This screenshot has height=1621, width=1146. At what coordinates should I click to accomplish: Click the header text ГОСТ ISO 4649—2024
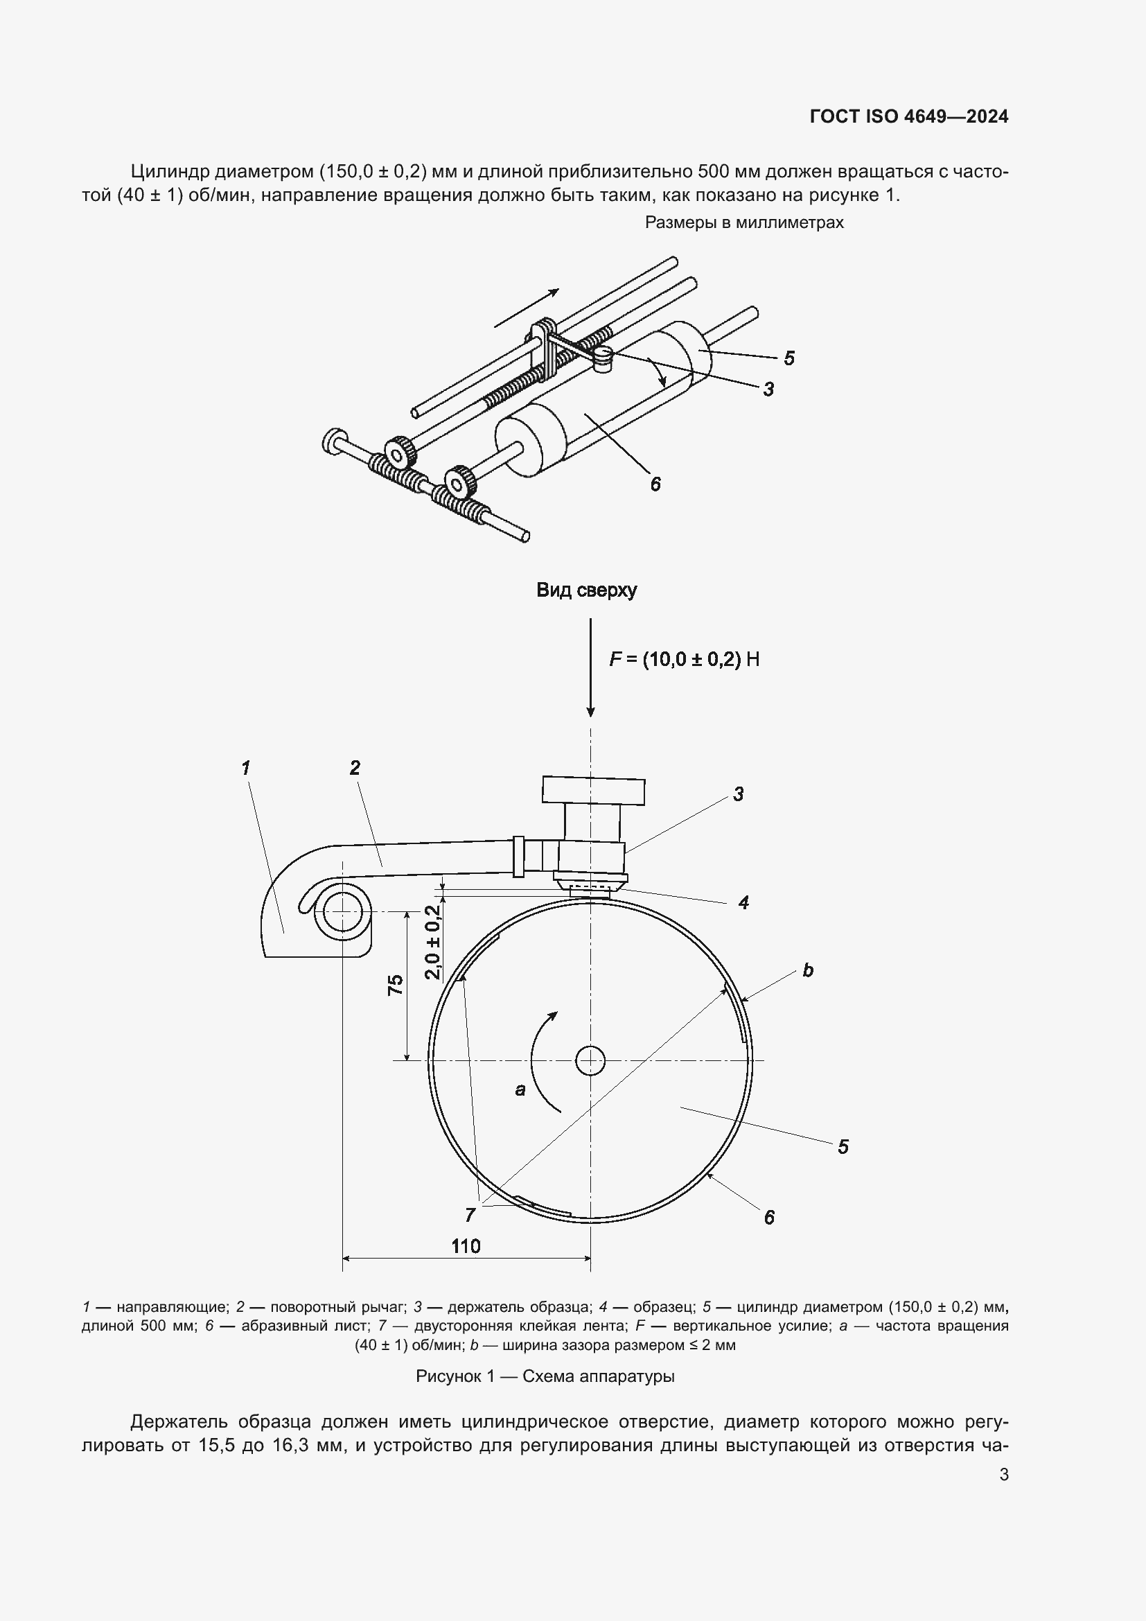909,117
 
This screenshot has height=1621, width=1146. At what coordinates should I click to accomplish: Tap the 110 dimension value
466,1246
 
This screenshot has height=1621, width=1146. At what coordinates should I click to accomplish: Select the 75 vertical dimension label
396,984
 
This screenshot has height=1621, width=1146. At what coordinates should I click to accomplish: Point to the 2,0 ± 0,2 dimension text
433,942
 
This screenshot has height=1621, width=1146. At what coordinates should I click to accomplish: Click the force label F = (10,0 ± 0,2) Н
685,659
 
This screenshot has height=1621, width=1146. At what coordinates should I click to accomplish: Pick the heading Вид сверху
586,590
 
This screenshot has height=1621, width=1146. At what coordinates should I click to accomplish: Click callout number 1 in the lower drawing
245,767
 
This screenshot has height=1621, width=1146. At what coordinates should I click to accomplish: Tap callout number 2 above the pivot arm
354,767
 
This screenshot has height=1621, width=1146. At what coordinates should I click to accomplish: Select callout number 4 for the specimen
743,902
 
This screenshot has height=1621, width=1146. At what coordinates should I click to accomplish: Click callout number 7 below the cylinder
470,1214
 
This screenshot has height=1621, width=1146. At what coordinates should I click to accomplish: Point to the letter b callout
808,970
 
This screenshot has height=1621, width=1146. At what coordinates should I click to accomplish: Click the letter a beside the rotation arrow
520,1089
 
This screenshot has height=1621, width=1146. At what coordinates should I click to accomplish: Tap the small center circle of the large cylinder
590,1060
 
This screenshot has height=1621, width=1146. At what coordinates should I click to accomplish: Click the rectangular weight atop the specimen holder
594,791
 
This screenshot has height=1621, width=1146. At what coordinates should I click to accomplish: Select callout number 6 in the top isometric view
655,484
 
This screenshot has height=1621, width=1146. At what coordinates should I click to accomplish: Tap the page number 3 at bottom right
1003,1474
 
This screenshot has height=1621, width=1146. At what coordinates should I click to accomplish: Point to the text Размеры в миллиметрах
744,222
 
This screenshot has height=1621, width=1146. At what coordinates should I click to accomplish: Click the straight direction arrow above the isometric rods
527,308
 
